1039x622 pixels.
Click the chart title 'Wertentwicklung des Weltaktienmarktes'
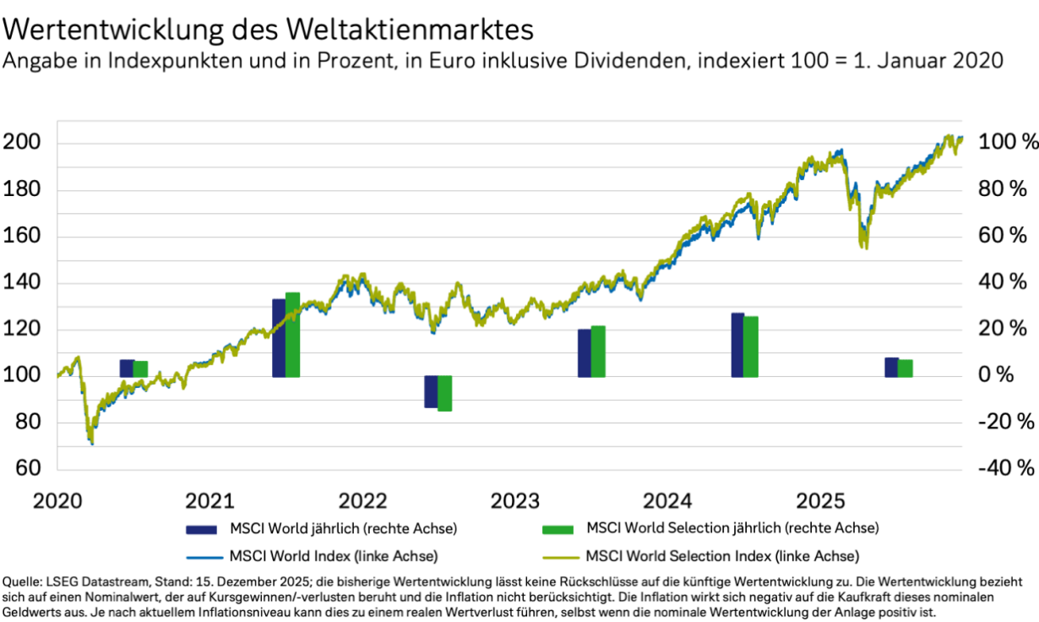click(269, 30)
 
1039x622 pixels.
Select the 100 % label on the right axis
click(1008, 142)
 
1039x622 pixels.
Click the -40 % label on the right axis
click(1005, 468)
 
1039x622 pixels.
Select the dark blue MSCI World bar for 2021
click(279, 338)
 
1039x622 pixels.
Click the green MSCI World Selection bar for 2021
click(293, 335)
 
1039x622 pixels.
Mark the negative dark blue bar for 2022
click(431, 391)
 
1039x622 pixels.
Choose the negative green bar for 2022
click(445, 393)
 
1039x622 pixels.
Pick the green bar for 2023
click(598, 351)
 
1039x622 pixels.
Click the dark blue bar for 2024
click(737, 345)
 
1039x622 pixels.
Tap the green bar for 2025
click(906, 368)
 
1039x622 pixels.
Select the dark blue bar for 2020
click(126, 368)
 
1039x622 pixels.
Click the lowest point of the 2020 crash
click(91, 443)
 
